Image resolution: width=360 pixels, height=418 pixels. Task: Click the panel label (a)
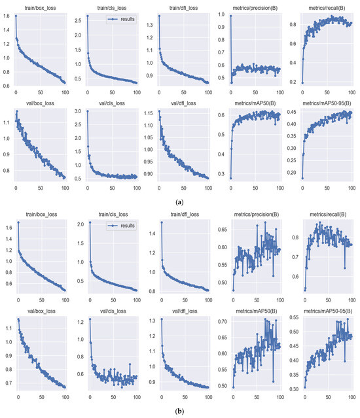click(x=180, y=203)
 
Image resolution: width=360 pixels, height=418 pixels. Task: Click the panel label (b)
click(x=180, y=412)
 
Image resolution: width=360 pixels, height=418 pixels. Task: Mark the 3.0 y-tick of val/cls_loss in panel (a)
click(x=79, y=112)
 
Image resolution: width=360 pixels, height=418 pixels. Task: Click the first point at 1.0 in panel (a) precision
click(x=230, y=16)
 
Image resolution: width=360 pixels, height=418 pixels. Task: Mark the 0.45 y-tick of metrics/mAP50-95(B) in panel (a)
click(x=293, y=113)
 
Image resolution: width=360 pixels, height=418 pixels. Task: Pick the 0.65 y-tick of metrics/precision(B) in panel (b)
click(x=222, y=230)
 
